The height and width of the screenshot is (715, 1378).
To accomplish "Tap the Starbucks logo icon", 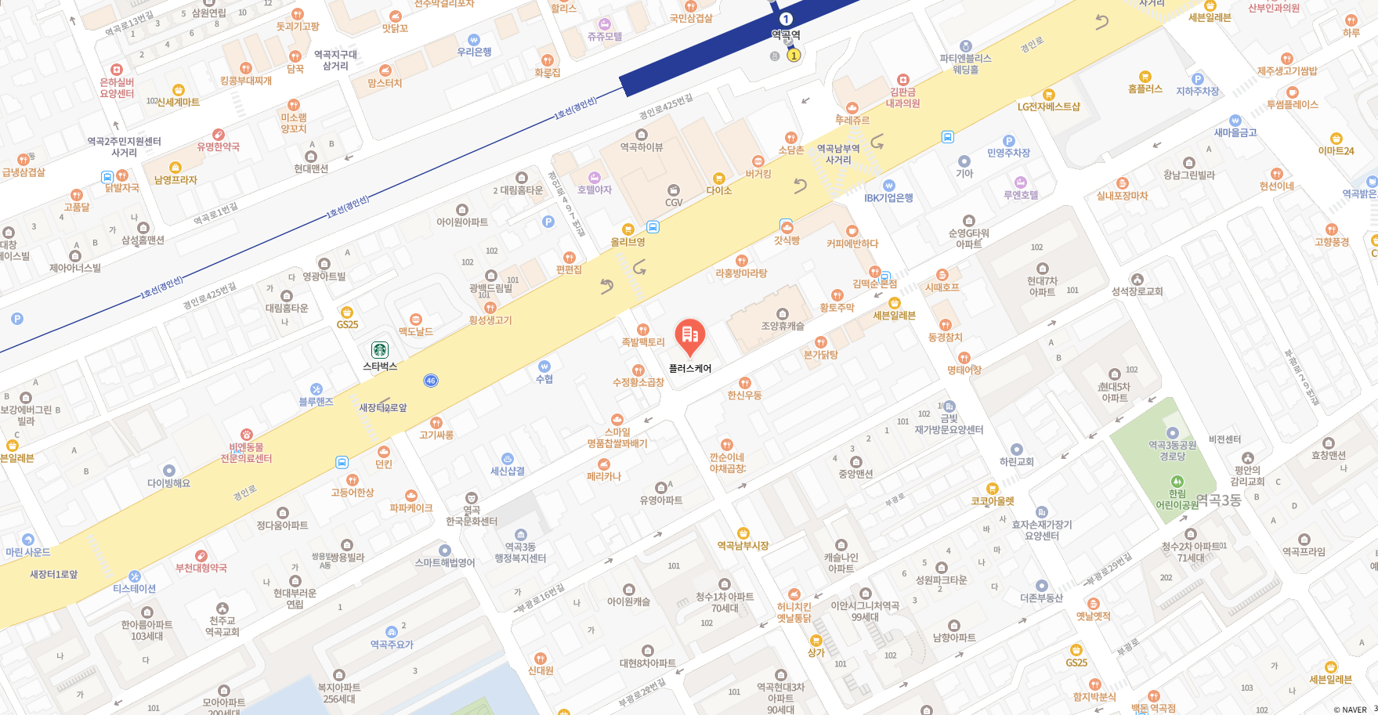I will pyautogui.click(x=380, y=350).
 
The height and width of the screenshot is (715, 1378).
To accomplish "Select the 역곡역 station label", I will pyautogui.click(x=786, y=34).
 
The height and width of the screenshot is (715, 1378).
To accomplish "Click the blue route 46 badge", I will pyautogui.click(x=431, y=381).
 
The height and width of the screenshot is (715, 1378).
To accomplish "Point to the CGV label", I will pyautogui.click(x=674, y=202).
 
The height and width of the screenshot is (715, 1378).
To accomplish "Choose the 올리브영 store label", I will pyautogui.click(x=628, y=242).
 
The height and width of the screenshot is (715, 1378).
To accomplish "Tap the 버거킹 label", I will pyautogui.click(x=758, y=174).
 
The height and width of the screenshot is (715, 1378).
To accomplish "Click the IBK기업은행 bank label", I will pyautogui.click(x=888, y=197).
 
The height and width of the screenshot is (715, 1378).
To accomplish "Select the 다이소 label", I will pyautogui.click(x=718, y=190).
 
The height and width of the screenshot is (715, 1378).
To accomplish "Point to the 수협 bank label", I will pyautogui.click(x=544, y=379).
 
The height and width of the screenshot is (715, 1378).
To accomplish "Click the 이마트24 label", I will pyautogui.click(x=1336, y=151).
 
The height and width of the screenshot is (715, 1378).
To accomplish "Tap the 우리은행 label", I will pyautogui.click(x=474, y=52).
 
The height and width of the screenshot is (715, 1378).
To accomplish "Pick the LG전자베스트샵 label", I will pyautogui.click(x=1048, y=107).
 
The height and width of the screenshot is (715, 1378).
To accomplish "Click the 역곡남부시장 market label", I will pyautogui.click(x=743, y=545).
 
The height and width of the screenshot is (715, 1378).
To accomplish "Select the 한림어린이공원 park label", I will pyautogui.click(x=1177, y=499).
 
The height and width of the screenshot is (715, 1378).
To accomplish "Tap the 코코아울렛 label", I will pyautogui.click(x=992, y=501).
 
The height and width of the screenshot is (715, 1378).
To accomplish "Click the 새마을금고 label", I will pyautogui.click(x=1235, y=132).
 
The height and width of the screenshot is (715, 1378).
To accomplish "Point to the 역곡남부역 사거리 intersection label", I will pyautogui.click(x=838, y=154).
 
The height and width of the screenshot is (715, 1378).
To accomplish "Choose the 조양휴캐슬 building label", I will pyautogui.click(x=783, y=326).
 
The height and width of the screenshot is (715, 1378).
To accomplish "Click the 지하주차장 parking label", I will pyautogui.click(x=1197, y=91).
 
